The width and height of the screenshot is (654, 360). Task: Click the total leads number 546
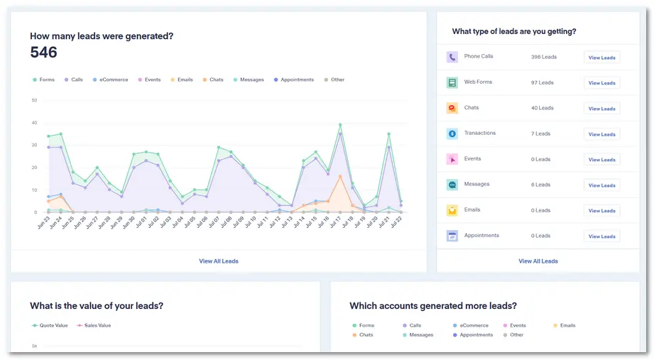[43, 53]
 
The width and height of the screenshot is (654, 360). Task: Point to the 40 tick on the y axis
[34, 123]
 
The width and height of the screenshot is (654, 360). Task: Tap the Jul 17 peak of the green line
[340, 125]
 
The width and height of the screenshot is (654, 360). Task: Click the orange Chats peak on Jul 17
[340, 176]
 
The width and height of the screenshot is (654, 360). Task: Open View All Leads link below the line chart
[219, 261]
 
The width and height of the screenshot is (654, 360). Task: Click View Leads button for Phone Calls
[601, 58]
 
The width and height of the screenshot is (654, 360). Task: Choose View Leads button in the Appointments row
[601, 236]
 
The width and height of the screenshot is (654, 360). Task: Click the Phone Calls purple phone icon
[452, 57]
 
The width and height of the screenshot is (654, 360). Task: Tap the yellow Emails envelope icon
[452, 210]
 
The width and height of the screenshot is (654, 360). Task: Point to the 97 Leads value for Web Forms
[542, 82]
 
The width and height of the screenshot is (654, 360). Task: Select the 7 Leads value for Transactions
[540, 133]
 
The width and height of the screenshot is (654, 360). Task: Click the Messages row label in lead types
[476, 185]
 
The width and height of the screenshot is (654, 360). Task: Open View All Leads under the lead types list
[538, 261]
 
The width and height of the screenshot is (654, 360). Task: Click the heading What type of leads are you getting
[513, 32]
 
